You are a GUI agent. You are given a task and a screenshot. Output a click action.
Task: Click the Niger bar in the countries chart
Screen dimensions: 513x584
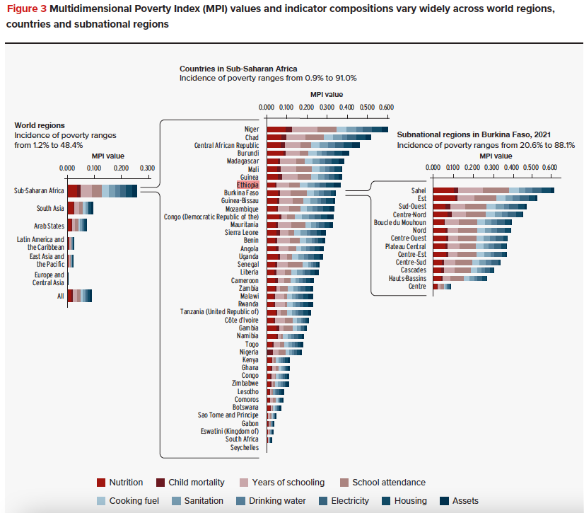(x=327, y=129)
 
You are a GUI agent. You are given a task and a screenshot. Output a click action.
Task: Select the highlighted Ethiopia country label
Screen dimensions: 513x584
(x=247, y=185)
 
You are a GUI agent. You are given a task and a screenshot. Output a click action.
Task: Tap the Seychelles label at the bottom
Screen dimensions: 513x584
(x=245, y=447)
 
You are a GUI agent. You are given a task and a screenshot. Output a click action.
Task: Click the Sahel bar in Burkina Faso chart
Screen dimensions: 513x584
(x=493, y=190)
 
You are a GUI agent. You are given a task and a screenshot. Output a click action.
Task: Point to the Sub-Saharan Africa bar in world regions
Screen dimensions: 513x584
(x=102, y=191)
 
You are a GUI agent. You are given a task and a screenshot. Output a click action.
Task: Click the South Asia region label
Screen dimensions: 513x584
(x=50, y=209)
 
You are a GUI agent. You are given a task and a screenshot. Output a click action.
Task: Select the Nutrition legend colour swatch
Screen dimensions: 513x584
(x=102, y=483)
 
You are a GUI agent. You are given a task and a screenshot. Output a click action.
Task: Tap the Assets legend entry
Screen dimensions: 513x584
(x=459, y=501)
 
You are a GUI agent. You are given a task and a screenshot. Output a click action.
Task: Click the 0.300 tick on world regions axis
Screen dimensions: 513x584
(x=147, y=168)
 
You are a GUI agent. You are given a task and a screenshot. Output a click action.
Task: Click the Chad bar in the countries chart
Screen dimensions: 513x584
(x=319, y=137)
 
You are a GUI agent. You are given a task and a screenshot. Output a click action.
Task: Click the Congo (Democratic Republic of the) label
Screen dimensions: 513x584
(x=211, y=217)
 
